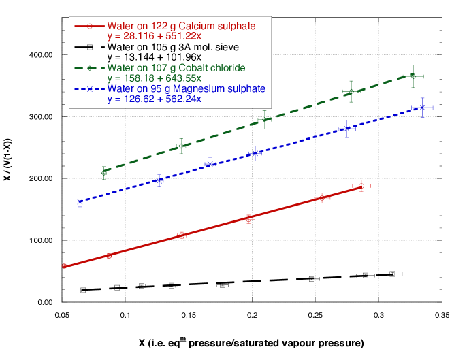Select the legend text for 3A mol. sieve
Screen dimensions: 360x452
coord(173,47)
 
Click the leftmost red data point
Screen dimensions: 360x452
coord(63,266)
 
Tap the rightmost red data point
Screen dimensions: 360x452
coord(361,186)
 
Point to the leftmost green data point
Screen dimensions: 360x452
coord(103,173)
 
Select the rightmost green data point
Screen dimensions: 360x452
coord(413,76)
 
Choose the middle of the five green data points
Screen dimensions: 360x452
coord(265,119)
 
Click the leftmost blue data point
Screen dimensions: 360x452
coord(80,201)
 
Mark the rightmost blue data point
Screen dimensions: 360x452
coord(423,108)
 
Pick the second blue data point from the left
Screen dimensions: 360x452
coord(159,181)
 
